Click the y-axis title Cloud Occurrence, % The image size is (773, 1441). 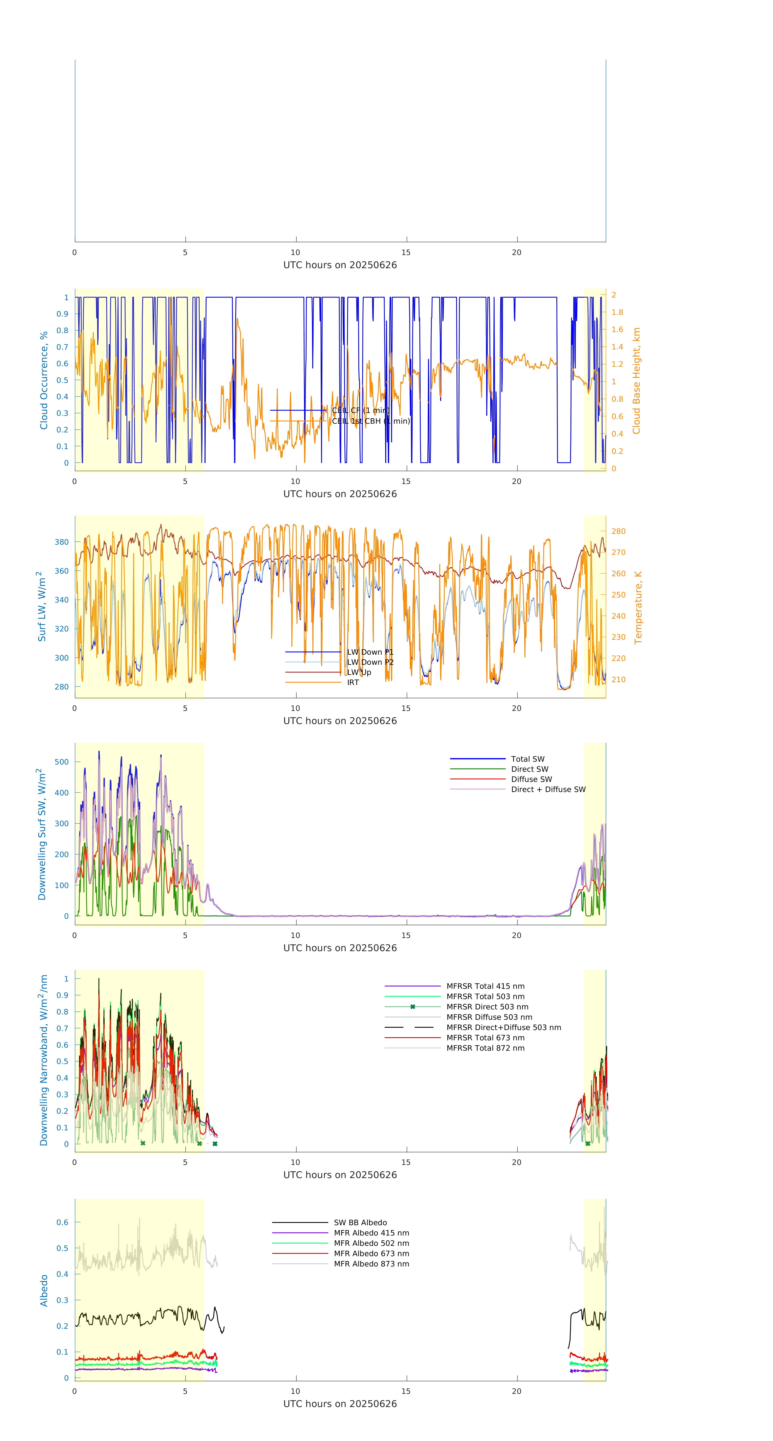tap(44, 380)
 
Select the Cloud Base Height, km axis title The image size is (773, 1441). tap(636, 380)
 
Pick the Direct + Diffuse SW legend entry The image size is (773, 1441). tap(548, 789)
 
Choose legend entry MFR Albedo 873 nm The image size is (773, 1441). tap(371, 1264)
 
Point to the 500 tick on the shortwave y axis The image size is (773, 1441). tap(62, 762)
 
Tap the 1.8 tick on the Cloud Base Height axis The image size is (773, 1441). tap(617, 312)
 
